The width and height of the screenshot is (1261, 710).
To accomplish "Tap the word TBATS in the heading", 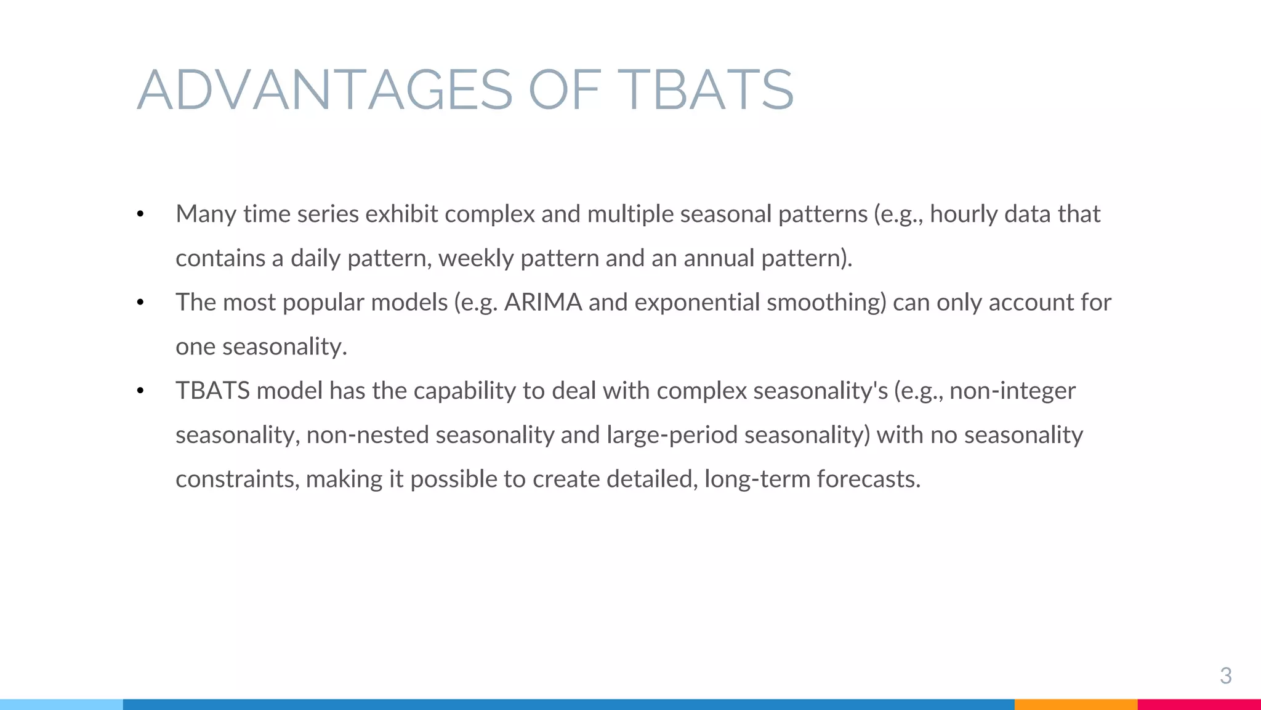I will pyautogui.click(x=706, y=90).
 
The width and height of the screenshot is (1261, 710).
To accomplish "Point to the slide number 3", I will pyautogui.click(x=1225, y=676).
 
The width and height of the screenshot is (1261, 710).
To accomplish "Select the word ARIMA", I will pyautogui.click(x=543, y=303).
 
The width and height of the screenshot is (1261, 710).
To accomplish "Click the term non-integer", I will pyautogui.click(x=1012, y=391).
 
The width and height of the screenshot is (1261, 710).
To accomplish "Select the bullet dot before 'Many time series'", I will pyautogui.click(x=140, y=214).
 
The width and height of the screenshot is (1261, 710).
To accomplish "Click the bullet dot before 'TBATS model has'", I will pyautogui.click(x=140, y=391).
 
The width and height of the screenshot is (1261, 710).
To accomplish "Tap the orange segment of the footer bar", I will pyautogui.click(x=1076, y=704).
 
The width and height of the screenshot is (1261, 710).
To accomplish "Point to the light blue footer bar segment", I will pyautogui.click(x=62, y=704).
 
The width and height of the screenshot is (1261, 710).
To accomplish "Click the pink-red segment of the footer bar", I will pyautogui.click(x=1199, y=704).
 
